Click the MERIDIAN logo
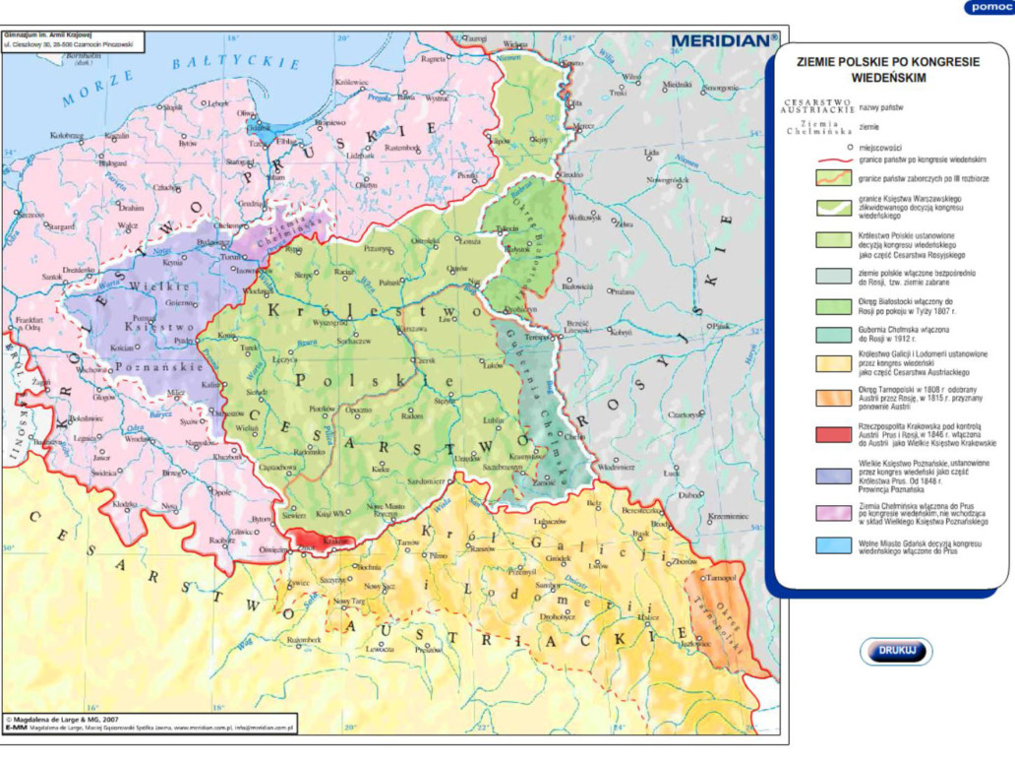click(724, 40)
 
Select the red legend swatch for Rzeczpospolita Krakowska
click(832, 433)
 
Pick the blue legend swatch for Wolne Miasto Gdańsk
click(832, 545)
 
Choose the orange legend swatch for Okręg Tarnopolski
click(832, 399)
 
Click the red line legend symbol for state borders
click(832, 159)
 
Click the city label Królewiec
click(352, 84)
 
